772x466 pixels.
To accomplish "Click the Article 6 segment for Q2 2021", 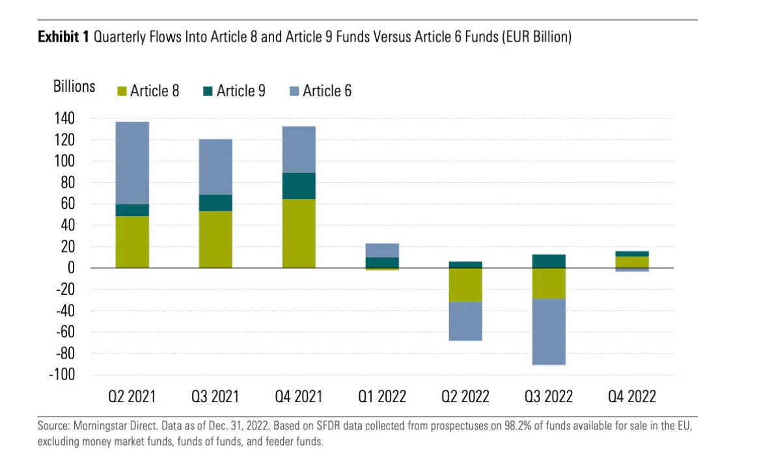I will pos(132,163).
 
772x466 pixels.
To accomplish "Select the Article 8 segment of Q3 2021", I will pos(215,240).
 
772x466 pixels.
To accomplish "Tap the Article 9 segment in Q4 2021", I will pos(299,186).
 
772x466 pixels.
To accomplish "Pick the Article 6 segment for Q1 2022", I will pos(382,250).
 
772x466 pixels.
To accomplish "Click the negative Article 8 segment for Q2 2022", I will pos(465,285).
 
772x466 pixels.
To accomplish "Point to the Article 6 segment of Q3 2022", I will pos(549,332).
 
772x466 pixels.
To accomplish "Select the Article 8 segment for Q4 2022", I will pos(632,262).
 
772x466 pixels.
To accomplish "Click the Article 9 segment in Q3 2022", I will pos(549,261).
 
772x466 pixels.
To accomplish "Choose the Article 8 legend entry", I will pos(148,90).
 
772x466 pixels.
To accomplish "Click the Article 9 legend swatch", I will pos(208,91).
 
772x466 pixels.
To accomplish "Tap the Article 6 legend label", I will pos(327,90).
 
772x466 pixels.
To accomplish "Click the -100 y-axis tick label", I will pos(62,375).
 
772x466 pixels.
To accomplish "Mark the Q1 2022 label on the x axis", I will pos(381,396).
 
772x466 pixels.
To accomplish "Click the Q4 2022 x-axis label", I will pos(631,396).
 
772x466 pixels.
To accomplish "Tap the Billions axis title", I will pos(74,87).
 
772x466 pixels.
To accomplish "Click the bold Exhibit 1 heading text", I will pos(63,37).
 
